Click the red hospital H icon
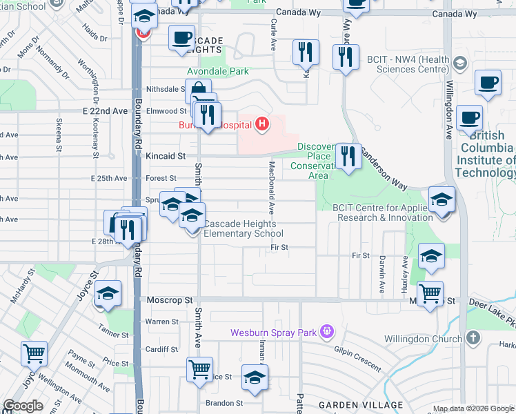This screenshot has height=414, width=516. tap(261, 124)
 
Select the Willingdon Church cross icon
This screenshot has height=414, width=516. tap(473, 338)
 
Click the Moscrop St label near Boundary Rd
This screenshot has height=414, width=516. tap(170, 301)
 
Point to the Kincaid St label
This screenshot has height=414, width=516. tap(166, 157)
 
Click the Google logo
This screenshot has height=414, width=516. tap(23, 406)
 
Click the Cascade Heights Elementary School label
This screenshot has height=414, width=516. tap(242, 228)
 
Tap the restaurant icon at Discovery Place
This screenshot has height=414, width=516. tap(348, 157)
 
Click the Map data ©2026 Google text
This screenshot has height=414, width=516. tap(473, 408)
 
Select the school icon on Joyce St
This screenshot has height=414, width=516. tap(107, 294)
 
